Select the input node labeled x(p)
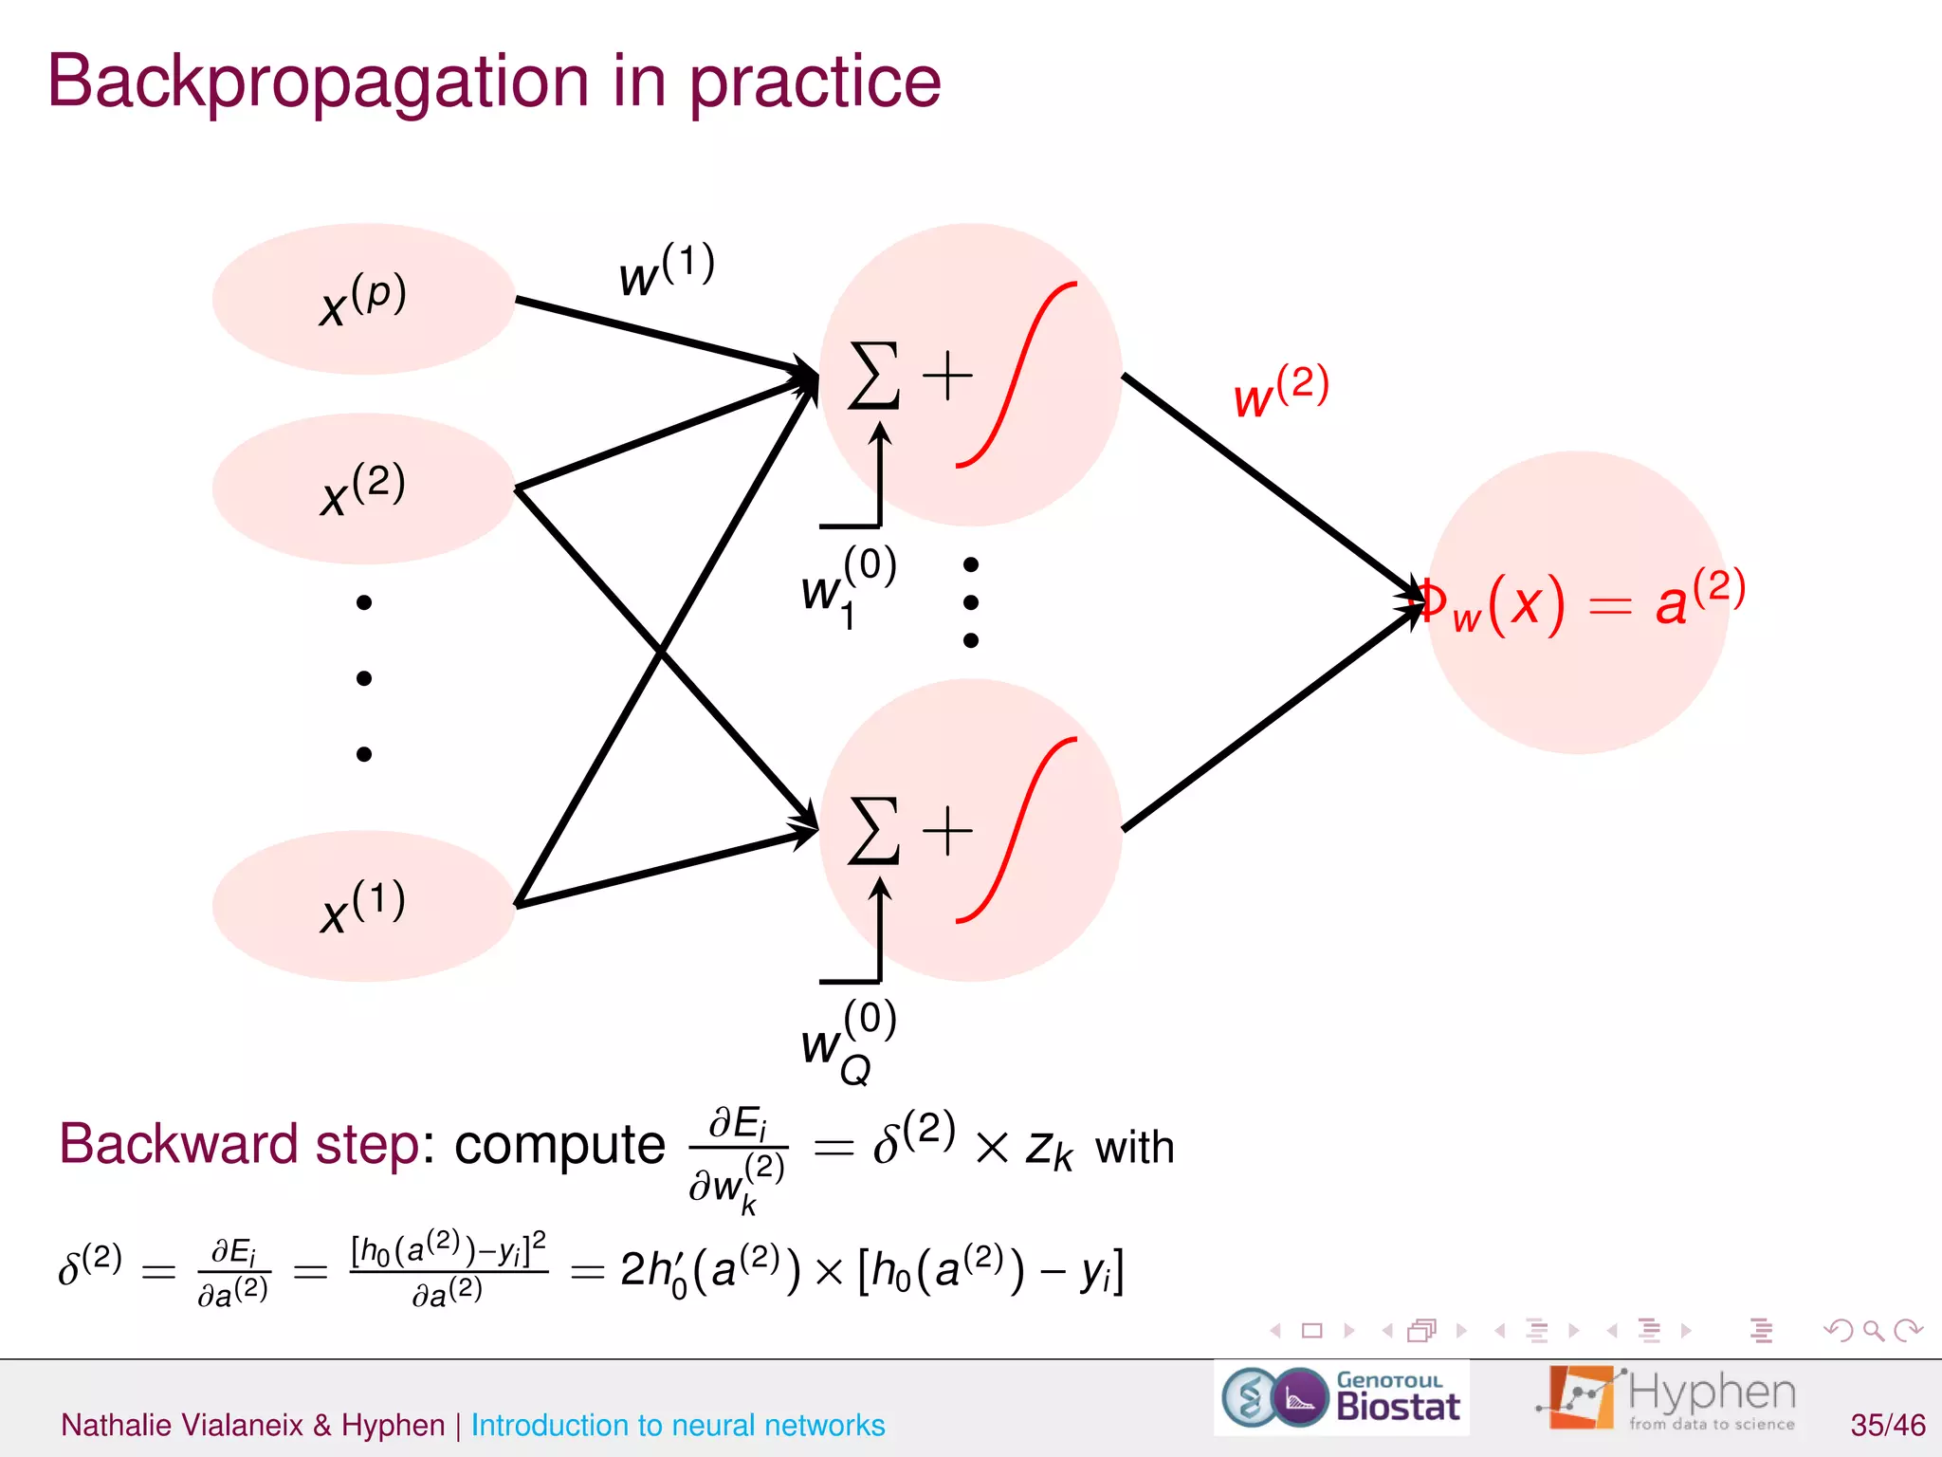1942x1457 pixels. [x=363, y=299]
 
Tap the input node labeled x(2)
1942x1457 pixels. [x=363, y=489]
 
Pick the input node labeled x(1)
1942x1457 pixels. [x=363, y=906]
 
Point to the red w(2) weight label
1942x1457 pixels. [x=1280, y=391]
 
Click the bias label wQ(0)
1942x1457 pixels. [x=847, y=1042]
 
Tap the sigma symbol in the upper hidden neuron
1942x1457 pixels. [x=873, y=376]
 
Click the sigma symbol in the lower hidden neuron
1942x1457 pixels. [x=873, y=831]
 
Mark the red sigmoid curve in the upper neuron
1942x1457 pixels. [x=1017, y=375]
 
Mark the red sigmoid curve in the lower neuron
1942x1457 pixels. [x=1017, y=830]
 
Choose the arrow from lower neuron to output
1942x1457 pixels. [x=1271, y=717]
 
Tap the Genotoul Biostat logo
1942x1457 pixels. [x=1341, y=1398]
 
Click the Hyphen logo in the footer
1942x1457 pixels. [x=1669, y=1398]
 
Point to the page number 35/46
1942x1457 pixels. [x=1887, y=1425]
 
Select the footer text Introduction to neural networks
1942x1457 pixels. [x=677, y=1425]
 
